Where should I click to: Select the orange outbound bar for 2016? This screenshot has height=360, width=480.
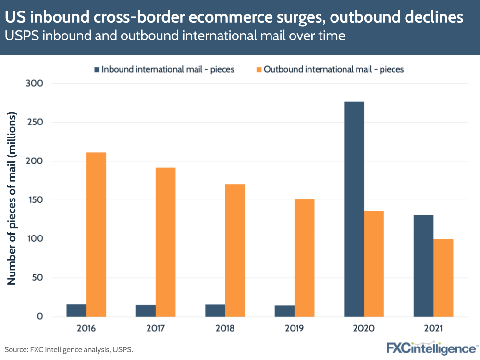click(x=96, y=235)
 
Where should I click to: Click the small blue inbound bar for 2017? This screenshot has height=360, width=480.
click(x=146, y=310)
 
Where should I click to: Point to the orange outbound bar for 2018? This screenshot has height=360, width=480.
click(x=235, y=250)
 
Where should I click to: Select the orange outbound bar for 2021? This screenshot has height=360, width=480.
click(x=443, y=278)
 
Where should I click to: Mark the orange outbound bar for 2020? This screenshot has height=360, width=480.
click(x=374, y=264)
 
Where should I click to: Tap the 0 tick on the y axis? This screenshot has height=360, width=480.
click(x=39, y=317)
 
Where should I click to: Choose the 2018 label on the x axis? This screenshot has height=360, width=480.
click(x=225, y=330)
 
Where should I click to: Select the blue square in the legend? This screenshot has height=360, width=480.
click(x=97, y=69)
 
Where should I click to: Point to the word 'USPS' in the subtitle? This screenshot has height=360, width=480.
click(x=22, y=36)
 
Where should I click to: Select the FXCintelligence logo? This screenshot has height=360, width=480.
click(x=431, y=348)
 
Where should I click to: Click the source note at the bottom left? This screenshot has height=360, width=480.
click(x=69, y=349)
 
